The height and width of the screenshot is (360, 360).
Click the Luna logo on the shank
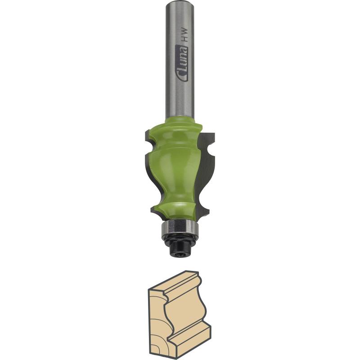tap(182, 63)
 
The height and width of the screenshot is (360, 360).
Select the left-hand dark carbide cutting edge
tap(149, 170)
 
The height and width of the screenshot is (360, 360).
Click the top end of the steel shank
tap(180, 2)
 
